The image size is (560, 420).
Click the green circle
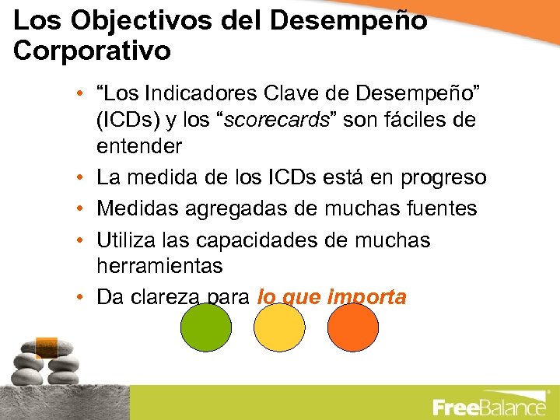point(205,327)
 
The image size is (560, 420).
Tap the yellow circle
point(279,327)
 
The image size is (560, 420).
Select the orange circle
point(352,327)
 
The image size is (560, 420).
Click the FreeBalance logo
point(489,406)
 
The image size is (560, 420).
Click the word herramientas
point(159,266)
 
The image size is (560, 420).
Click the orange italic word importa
point(367,297)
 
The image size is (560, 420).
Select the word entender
point(139,146)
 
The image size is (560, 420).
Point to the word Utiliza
point(124,240)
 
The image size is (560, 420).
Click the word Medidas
point(133,209)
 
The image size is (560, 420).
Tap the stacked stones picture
point(43,362)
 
